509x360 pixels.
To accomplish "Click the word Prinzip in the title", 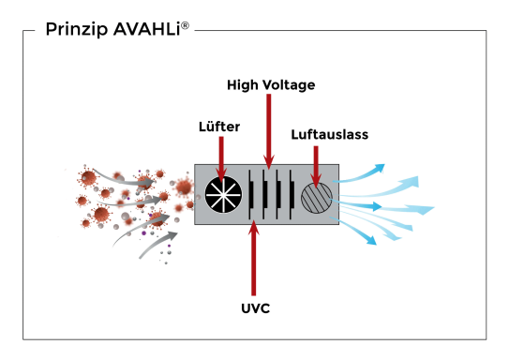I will point(74,31).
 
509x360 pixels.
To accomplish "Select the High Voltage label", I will point(271,85).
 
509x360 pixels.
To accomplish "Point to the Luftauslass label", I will point(329,134).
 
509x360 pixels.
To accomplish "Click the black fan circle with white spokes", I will point(223,194).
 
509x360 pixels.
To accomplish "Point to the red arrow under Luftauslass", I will point(317,163).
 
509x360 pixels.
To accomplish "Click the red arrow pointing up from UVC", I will point(253,258).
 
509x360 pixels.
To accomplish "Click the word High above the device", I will point(242,85).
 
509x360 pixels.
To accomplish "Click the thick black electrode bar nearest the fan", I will point(251,194).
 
